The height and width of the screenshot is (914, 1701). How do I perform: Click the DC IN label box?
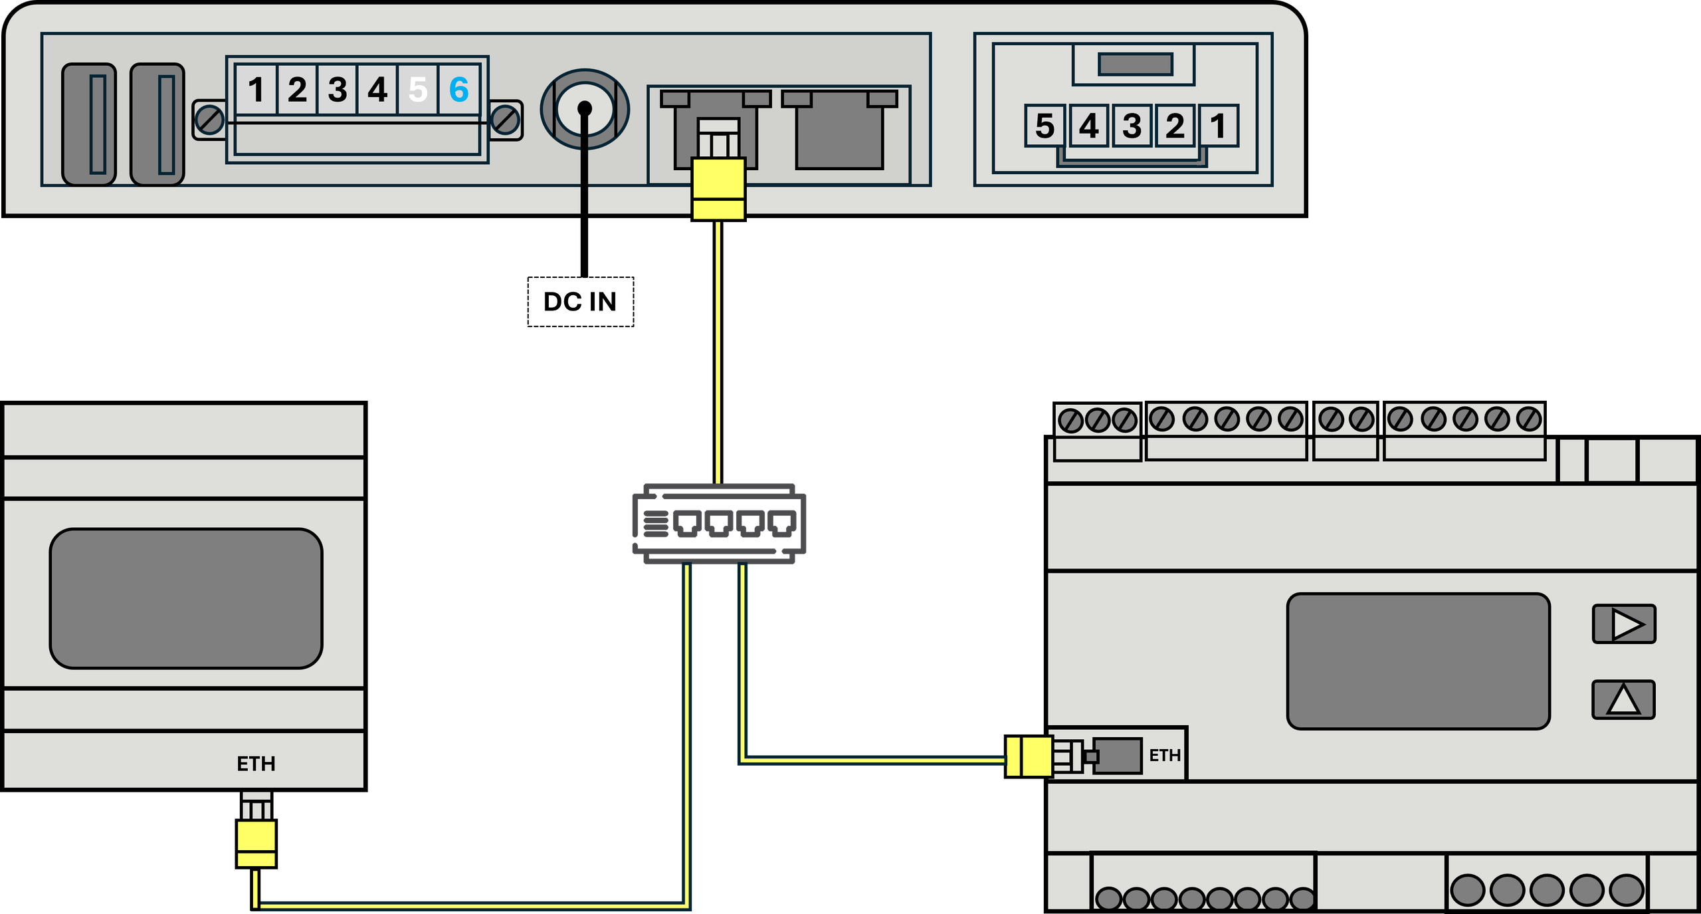581,302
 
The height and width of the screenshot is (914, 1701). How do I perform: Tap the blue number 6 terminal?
459,89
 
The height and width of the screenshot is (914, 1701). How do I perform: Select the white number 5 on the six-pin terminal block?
418,89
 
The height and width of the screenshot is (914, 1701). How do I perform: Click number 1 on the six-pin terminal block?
256,89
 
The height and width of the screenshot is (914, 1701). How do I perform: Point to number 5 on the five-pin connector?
1045,126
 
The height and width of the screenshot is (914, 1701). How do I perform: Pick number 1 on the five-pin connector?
1218,126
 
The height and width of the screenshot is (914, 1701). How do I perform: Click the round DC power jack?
585,109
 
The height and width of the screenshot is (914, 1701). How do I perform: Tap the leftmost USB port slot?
89,124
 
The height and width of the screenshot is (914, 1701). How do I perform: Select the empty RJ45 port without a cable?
840,130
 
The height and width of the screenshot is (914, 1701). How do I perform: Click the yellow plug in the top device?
718,188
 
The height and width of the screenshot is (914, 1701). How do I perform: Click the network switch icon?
719,524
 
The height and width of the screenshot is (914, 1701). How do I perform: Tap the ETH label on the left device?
256,764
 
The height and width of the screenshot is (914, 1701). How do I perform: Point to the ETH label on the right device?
1165,755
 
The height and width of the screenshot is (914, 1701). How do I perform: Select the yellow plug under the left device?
256,844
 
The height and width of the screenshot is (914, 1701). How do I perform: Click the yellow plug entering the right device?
1029,756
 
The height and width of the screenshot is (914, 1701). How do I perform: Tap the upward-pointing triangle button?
1624,699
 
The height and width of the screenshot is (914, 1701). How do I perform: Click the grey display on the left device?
186,598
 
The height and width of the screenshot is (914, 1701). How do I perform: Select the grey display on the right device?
1419,661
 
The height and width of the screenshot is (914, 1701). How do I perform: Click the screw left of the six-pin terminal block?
210,120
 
